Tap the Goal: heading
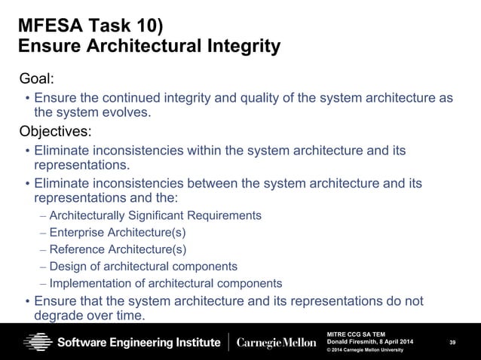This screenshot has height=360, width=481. (38, 79)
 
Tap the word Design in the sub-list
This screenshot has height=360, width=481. (66, 267)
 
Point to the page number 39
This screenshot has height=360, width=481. (452, 343)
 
